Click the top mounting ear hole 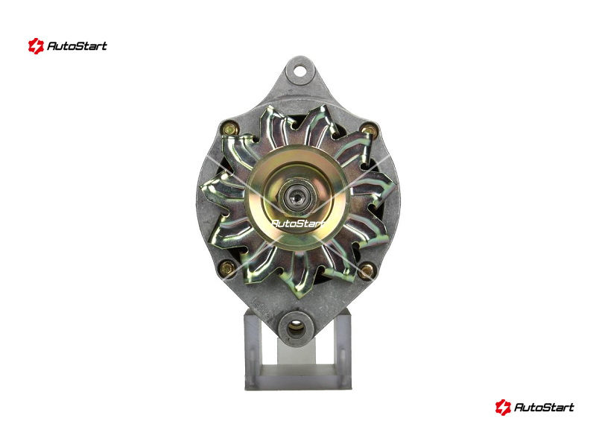coord(301,71)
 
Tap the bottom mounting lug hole coord(295,328)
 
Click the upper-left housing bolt coord(229,128)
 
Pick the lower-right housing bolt coord(367,270)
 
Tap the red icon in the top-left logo coord(36,46)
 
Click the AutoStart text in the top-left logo coord(77,46)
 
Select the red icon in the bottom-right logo coord(503,407)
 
